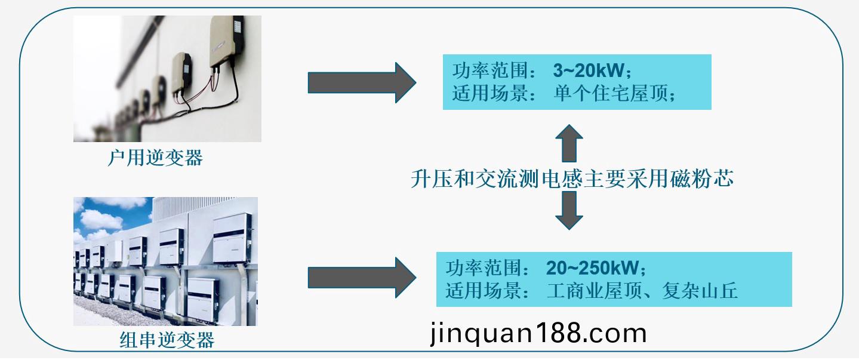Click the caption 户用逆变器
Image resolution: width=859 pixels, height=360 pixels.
[155, 158]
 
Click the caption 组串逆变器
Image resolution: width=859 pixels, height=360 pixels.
[167, 340]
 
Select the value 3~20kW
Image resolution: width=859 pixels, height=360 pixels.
[589, 70]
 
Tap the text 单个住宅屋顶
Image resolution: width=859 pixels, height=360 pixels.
[611, 93]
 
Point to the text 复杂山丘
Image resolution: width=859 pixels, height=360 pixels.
[700, 291]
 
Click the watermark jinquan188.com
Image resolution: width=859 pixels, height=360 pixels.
[538, 334]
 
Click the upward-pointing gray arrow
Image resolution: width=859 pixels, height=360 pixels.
[569, 143]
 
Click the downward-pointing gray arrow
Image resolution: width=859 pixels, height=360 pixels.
[569, 211]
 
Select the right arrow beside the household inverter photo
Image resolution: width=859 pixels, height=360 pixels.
[362, 82]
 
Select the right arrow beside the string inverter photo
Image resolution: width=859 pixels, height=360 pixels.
[362, 278]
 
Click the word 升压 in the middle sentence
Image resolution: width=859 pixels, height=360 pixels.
[432, 179]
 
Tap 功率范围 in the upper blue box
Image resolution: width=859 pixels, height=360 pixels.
[491, 70]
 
